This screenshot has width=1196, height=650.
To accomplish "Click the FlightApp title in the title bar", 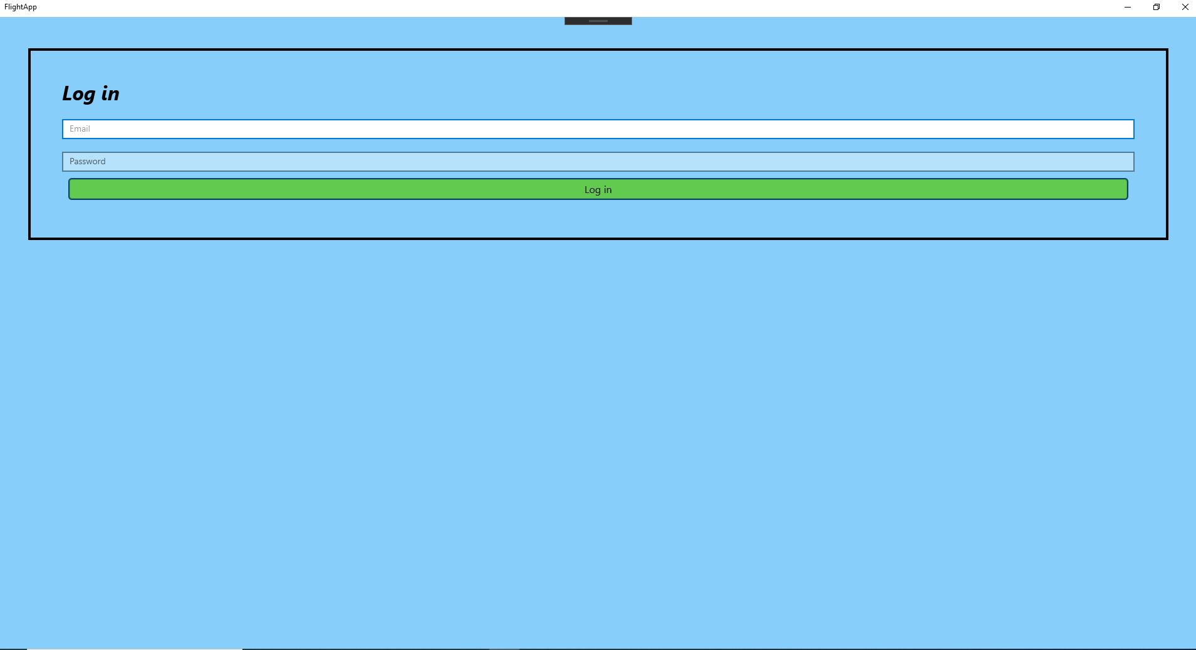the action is click(x=21, y=7).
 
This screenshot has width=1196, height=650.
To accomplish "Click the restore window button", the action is click(x=1156, y=7).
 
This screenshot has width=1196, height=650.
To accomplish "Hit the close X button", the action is click(x=1185, y=7).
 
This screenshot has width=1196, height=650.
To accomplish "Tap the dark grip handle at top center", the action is click(x=598, y=21).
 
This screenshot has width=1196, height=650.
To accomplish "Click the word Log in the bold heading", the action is click(x=79, y=94).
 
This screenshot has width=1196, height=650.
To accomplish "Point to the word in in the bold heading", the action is click(x=110, y=93).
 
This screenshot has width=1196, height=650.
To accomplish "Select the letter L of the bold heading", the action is click(x=68, y=93).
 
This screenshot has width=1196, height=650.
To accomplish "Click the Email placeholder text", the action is click(x=80, y=129).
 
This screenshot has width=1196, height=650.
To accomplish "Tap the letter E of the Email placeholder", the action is click(x=71, y=129).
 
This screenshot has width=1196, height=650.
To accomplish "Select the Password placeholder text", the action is click(x=87, y=162).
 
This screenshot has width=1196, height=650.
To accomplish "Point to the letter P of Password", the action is click(x=72, y=162).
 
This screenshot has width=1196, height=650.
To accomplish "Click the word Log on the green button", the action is click(x=592, y=190).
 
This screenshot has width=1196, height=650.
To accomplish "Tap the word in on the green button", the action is click(x=608, y=189).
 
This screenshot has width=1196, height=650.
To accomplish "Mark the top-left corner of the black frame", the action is click(x=29, y=50).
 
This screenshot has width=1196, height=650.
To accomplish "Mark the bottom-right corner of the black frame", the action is click(x=1167, y=238).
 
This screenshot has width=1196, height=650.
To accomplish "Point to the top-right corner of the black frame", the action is click(x=1167, y=50).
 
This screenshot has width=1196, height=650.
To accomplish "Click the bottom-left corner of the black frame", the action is click(x=29, y=238).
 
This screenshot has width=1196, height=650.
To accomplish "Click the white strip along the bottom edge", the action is click(x=134, y=649).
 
